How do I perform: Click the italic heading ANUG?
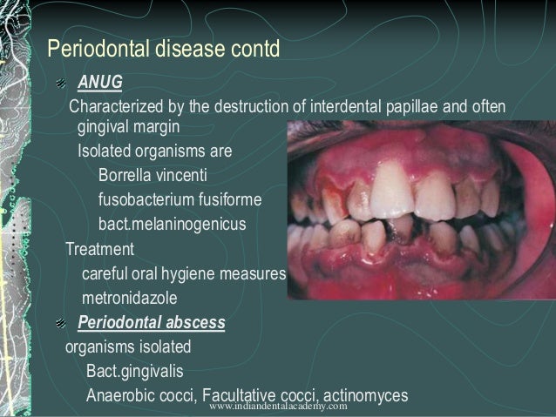(x=100, y=84)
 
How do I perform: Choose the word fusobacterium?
(x=150, y=199)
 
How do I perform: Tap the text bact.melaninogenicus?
(x=172, y=225)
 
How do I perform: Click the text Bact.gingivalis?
(x=134, y=372)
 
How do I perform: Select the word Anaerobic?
(x=121, y=394)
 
